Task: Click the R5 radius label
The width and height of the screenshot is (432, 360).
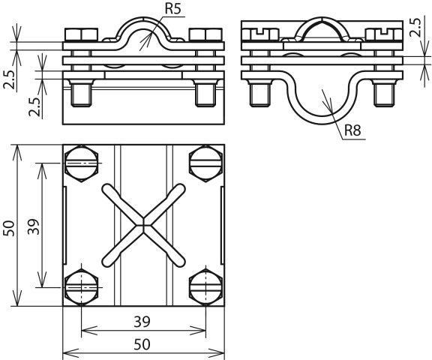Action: (x=173, y=9)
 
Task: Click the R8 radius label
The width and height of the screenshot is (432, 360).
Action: (x=352, y=130)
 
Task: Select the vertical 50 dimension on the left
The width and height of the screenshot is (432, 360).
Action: (x=9, y=228)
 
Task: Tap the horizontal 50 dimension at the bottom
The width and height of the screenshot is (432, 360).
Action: (x=142, y=344)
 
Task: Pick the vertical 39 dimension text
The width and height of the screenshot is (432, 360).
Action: (x=34, y=226)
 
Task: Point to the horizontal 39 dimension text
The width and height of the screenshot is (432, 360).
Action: (x=142, y=322)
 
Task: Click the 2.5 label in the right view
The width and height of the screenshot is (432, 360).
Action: (x=415, y=27)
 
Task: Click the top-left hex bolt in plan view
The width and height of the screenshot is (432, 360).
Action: (x=82, y=163)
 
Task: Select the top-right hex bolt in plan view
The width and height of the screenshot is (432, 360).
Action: (x=205, y=163)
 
